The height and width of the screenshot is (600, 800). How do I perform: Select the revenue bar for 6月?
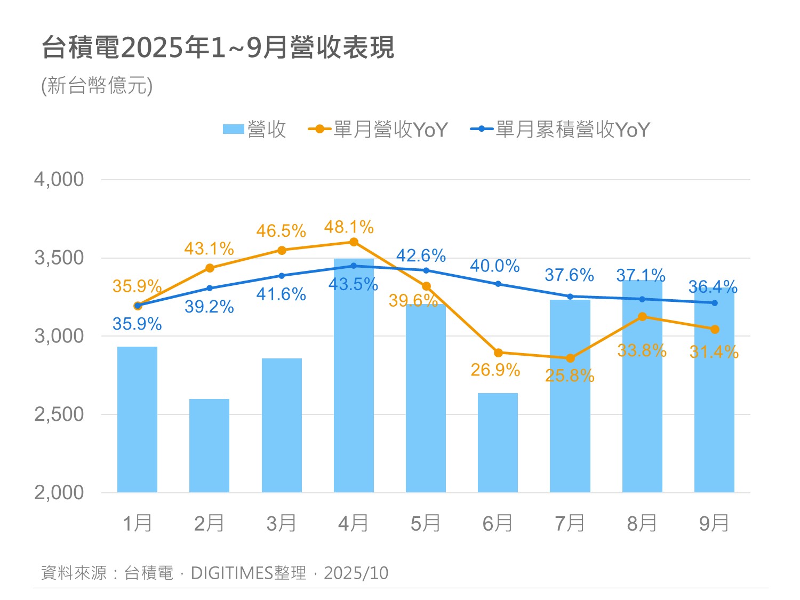point(498,443)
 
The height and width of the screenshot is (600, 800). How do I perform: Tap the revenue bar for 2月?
point(209,445)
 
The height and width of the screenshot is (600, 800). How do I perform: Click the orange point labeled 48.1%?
point(354,242)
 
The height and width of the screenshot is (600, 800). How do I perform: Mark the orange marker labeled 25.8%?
point(570,358)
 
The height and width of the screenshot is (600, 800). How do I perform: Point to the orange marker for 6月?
point(498,353)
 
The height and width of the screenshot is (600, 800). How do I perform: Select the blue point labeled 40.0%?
point(498,284)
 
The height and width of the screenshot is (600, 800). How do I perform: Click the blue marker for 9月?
point(715,303)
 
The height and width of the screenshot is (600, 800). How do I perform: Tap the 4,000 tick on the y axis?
point(59,180)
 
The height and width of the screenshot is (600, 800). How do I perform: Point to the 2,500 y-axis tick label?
point(59,414)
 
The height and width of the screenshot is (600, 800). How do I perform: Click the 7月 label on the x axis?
point(570,524)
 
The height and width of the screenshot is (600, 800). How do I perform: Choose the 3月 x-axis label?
point(281,524)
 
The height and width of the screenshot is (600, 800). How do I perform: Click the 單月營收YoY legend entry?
point(379,130)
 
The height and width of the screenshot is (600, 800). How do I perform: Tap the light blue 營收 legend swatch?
point(233,130)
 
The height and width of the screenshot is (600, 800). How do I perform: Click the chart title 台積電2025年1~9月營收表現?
point(218,47)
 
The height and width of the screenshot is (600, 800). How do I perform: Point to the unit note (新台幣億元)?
point(97,85)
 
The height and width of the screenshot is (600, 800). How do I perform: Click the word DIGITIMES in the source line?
point(231,573)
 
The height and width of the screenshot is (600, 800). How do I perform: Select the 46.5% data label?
point(281,231)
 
